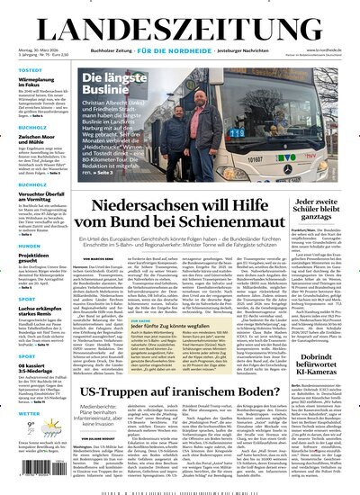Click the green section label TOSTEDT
19,70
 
